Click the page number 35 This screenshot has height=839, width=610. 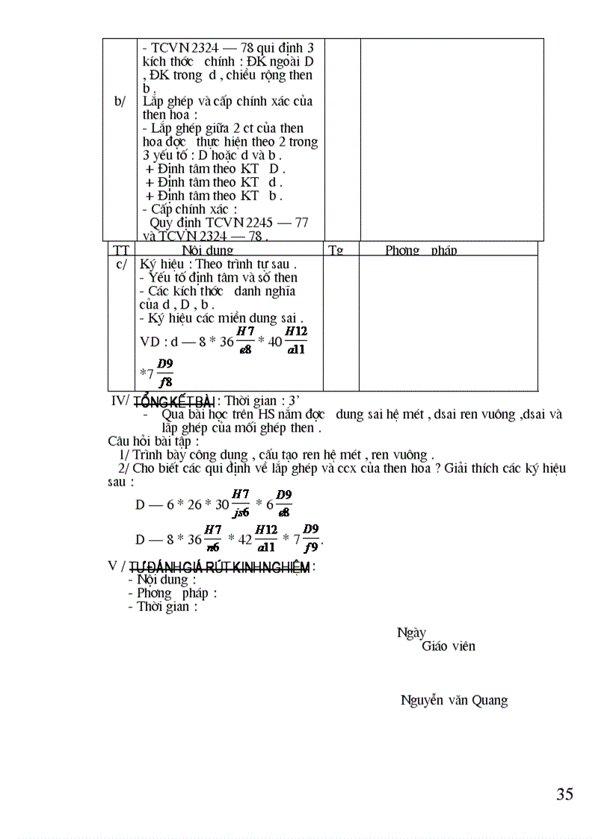click(x=564, y=794)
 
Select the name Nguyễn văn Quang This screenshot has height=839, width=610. click(x=454, y=701)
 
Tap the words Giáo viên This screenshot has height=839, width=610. click(x=448, y=646)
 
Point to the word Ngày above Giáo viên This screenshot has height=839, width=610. click(x=411, y=633)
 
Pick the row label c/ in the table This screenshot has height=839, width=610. click(x=122, y=264)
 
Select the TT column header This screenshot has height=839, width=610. click(x=120, y=250)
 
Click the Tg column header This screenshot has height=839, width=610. click(x=336, y=250)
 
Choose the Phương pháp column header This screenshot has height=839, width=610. click(x=421, y=250)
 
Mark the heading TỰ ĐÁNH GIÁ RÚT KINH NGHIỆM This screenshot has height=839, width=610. click(x=219, y=568)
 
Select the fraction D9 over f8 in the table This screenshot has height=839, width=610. click(x=165, y=373)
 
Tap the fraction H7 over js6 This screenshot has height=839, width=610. click(x=240, y=503)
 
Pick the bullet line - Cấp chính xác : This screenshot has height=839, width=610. click(x=190, y=209)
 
